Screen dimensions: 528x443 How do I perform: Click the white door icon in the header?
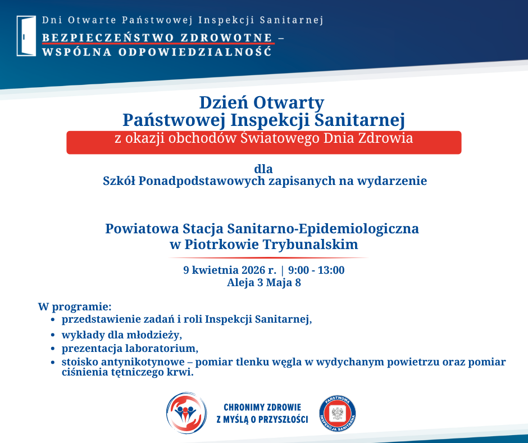click(26, 36)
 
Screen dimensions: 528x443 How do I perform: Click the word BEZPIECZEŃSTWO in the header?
click(108, 38)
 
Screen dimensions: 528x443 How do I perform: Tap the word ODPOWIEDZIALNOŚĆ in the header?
click(195, 52)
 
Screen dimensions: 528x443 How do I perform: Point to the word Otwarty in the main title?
click(289, 102)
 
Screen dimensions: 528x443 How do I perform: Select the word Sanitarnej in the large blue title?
click(359, 120)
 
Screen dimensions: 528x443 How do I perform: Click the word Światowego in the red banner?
click(280, 138)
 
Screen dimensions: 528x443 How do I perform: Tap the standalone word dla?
click(263, 169)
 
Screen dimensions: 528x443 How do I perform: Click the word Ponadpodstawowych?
click(202, 181)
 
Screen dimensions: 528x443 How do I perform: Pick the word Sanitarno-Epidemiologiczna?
click(323, 229)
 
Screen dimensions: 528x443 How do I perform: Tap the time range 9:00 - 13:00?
click(316, 270)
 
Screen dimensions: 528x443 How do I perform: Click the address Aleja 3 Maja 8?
click(263, 283)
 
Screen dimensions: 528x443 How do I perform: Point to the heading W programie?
click(74, 307)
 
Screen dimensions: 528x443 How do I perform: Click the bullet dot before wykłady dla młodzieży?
click(53, 335)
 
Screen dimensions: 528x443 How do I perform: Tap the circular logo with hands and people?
click(186, 413)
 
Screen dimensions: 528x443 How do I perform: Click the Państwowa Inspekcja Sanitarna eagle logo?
click(338, 414)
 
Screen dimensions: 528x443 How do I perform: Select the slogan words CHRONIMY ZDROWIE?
click(262, 407)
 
